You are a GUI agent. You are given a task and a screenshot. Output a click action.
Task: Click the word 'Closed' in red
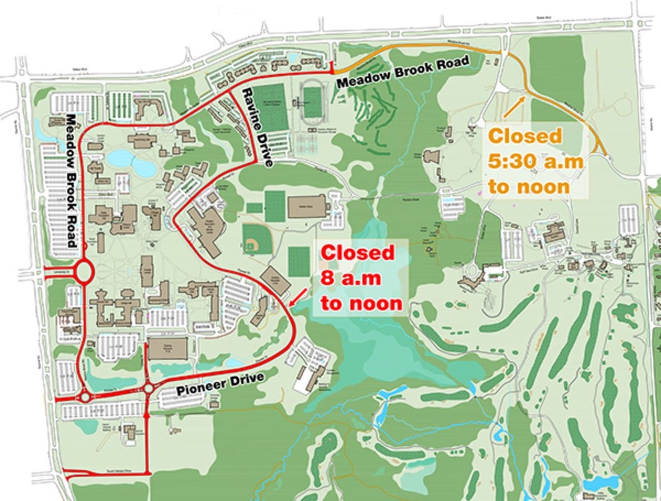coord(358,253)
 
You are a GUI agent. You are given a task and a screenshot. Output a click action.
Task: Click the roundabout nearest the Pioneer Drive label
coord(148,389)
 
